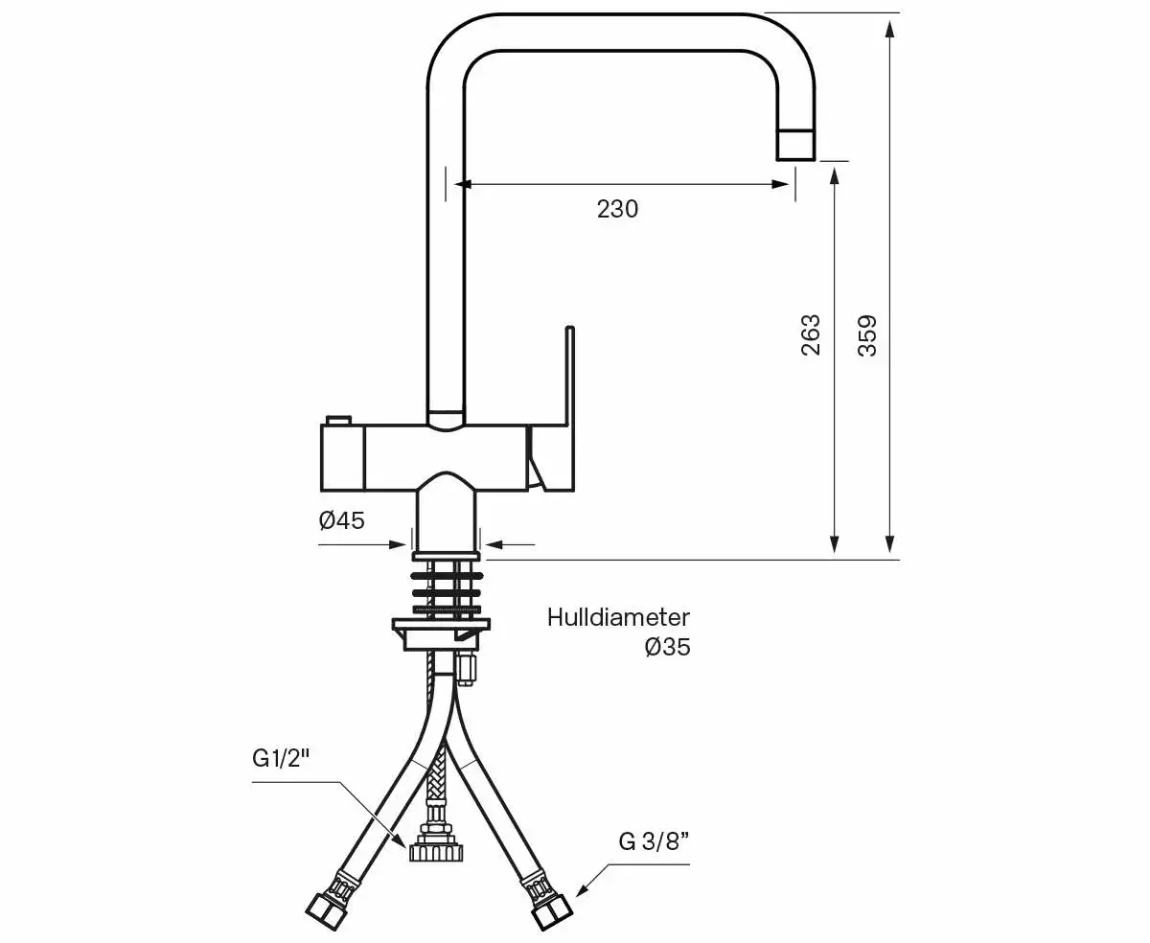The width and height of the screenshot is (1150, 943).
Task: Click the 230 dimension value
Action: [x=617, y=209]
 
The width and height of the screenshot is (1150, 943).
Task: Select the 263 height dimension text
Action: [x=811, y=334]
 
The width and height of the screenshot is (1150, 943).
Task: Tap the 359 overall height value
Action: [x=866, y=335]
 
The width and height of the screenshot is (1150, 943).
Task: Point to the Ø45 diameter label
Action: [x=342, y=520]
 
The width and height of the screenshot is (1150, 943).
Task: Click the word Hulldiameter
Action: [x=618, y=617]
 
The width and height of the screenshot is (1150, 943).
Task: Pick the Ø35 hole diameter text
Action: [x=667, y=648]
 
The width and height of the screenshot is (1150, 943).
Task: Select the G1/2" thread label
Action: [x=283, y=759]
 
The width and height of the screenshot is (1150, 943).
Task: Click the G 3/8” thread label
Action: [x=655, y=842]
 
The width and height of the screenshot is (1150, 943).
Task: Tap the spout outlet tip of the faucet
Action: [x=795, y=144]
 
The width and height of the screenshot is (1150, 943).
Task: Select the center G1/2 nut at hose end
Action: [x=437, y=850]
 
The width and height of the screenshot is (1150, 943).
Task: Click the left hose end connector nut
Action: [x=324, y=909]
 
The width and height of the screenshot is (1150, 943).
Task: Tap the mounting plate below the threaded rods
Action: [x=441, y=627]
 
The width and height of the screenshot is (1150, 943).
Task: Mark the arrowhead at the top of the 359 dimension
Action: [x=890, y=27]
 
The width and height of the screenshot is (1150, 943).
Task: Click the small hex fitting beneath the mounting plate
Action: [x=468, y=668]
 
